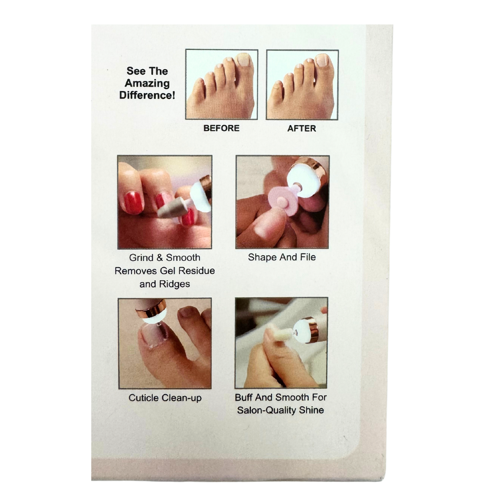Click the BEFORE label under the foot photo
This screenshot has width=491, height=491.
[221, 128]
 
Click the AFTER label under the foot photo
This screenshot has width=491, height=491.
[301, 128]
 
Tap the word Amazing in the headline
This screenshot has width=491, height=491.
[147, 84]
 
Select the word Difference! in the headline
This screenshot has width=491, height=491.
[147, 96]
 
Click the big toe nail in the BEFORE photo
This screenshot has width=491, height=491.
[243, 60]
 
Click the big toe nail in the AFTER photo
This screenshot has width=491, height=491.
[323, 60]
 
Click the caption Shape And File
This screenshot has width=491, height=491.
[281, 257]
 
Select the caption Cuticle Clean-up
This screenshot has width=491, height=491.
[165, 398]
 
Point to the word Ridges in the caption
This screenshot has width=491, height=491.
[174, 284]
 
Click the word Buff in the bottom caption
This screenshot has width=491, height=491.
[244, 397]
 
